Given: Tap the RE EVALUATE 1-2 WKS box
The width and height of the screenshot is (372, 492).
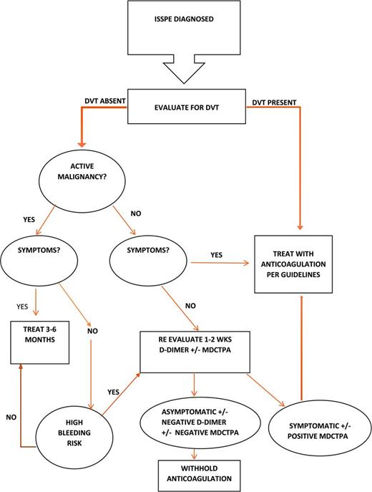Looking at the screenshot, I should [x=197, y=351].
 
